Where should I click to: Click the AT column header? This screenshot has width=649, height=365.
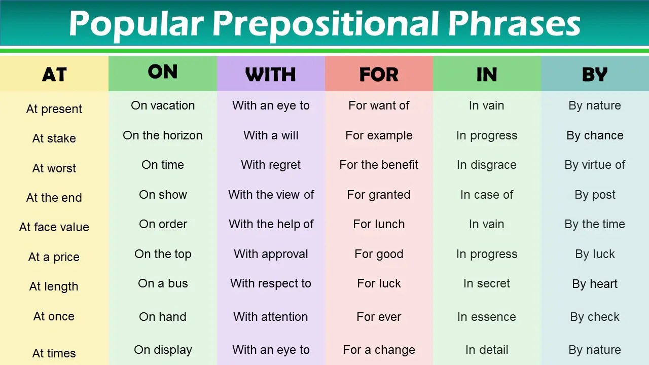[x=54, y=75]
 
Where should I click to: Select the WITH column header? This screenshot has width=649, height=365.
[x=271, y=75]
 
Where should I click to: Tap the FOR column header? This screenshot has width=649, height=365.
[x=379, y=75]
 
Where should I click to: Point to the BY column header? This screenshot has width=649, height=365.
[x=595, y=75]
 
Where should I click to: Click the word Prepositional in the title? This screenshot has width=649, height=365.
[x=326, y=24]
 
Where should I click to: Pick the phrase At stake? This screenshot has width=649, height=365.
[x=54, y=138]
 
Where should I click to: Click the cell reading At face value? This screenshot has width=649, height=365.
[x=54, y=227]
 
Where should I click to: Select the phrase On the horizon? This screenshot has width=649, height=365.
[x=163, y=135]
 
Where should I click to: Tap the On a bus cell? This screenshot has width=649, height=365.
[x=163, y=283]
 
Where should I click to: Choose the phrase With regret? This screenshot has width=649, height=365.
[x=271, y=165]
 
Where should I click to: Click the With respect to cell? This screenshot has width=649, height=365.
[x=271, y=283]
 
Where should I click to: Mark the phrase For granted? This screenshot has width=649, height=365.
[x=379, y=195]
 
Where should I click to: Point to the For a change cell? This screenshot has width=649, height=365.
[x=379, y=350]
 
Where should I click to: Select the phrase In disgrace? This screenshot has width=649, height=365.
[x=487, y=165]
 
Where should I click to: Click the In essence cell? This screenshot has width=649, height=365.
[x=487, y=317]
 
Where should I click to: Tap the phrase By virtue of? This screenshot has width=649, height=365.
[x=595, y=165]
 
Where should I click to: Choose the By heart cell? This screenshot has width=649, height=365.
[x=595, y=284]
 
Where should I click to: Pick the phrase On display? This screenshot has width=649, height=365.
[x=163, y=350]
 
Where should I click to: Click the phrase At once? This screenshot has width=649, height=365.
[x=54, y=316]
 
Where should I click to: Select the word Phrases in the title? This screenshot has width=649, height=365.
[x=514, y=23]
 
